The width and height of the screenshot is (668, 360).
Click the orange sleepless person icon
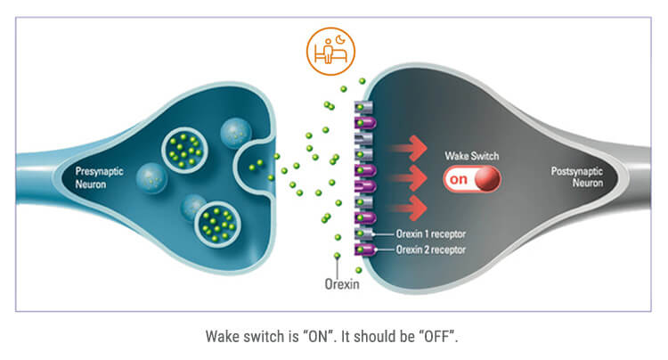pyautogui.click(x=330, y=52)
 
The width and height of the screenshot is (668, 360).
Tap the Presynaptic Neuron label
pyautogui.click(x=99, y=177)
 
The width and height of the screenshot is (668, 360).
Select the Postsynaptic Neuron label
pyautogui.click(x=577, y=176)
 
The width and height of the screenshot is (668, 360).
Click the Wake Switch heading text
pyautogui.click(x=471, y=156)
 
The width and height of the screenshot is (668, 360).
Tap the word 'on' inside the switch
pyautogui.click(x=459, y=179)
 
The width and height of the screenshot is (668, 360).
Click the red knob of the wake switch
pyautogui.click(x=486, y=178)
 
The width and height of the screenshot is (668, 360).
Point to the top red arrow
pyautogui.click(x=407, y=148)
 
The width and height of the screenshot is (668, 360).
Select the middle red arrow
pyautogui.click(x=407, y=178)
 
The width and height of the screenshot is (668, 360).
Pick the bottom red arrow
pyautogui.click(x=407, y=208)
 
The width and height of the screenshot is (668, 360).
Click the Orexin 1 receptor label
pyautogui.click(x=431, y=233)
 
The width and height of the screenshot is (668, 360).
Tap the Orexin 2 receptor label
pyautogui.click(x=431, y=250)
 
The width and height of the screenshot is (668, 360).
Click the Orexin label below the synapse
pyautogui.click(x=342, y=283)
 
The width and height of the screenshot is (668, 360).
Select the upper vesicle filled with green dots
pyautogui.click(x=184, y=151)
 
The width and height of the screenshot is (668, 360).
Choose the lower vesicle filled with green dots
pyautogui.click(x=217, y=224)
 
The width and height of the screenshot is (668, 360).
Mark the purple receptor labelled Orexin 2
pyautogui.click(x=365, y=250)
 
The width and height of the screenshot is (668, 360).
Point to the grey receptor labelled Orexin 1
pyautogui.click(x=363, y=233)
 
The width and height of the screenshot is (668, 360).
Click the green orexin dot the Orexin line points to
pyautogui.click(x=337, y=256)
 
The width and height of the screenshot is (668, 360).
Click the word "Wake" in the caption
pyautogui.click(x=222, y=337)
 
